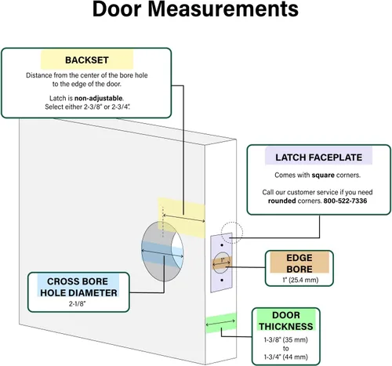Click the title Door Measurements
[x=195, y=9]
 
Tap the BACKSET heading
[x=87, y=60]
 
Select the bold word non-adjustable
[x=98, y=98]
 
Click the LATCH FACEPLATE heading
[x=318, y=158]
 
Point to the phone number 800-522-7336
[x=345, y=201]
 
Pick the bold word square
[x=323, y=175]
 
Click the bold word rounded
[x=281, y=201]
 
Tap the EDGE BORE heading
[x=299, y=263]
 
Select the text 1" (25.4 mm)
[x=300, y=280]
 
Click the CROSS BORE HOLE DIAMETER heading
[x=78, y=287]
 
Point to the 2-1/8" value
[x=78, y=304]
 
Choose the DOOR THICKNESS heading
[x=286, y=321]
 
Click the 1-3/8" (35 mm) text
[x=285, y=340]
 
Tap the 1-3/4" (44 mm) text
[x=285, y=357]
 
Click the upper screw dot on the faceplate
[x=222, y=245]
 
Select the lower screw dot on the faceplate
[x=222, y=280]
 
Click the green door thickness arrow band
[x=221, y=323]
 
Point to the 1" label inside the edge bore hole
[x=223, y=260]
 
